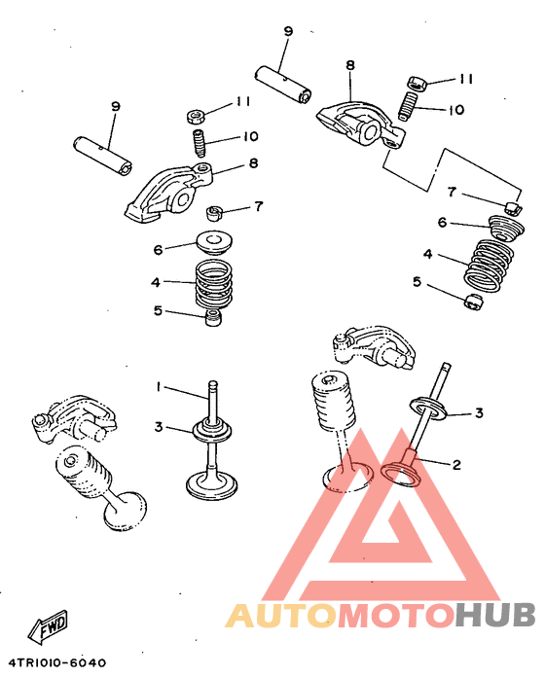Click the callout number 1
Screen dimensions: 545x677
tap(159, 387)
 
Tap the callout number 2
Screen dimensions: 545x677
tap(456, 465)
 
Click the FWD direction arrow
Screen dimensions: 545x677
tap(48, 624)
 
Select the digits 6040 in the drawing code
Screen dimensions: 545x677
tap(89, 662)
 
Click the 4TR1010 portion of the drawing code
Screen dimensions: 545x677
tap(38, 662)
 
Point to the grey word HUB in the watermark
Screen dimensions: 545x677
tap(495, 615)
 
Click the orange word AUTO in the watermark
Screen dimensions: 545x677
tap(280, 615)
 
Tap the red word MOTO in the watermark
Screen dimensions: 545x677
tap(396, 615)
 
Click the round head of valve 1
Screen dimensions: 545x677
tap(211, 486)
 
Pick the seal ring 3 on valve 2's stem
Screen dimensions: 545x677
tap(427, 409)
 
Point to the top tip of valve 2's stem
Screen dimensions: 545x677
tap(447, 365)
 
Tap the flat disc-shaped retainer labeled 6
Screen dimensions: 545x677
tap(215, 242)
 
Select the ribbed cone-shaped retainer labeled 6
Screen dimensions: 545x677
tap(507, 228)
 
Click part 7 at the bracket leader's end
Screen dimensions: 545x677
tap(514, 207)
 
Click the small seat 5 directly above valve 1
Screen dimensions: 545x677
tap(213, 317)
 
